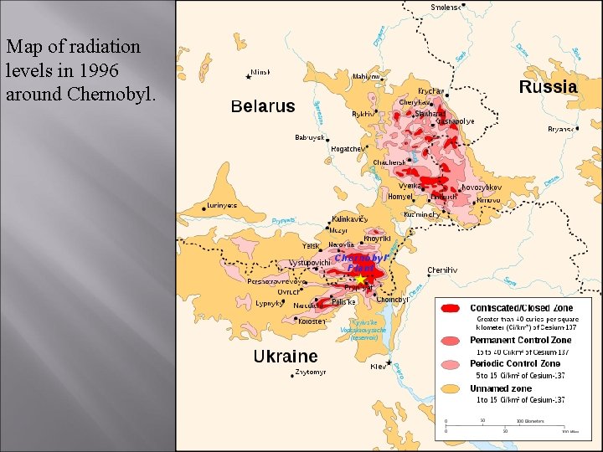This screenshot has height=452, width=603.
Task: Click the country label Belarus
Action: [263, 106]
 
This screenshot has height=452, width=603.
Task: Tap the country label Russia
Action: [548, 87]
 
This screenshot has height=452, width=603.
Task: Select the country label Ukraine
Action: [285, 357]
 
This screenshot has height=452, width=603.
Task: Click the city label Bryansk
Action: [561, 129]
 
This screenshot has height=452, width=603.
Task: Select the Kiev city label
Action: [379, 367]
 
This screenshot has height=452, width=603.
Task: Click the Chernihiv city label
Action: [442, 270]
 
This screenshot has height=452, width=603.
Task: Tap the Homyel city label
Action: [400, 197]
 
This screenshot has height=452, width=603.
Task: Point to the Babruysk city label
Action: [309, 137]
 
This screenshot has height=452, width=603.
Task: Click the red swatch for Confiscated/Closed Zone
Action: [452, 309]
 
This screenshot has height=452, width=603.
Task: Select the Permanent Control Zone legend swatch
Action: [452, 341]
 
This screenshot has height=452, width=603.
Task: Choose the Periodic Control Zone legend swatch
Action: [452, 364]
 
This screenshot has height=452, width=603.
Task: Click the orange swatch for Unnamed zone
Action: [452, 388]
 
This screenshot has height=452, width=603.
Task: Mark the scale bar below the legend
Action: [506, 425]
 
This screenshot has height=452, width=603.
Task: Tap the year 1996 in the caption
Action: [106, 70]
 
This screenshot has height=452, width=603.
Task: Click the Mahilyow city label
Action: [366, 76]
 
